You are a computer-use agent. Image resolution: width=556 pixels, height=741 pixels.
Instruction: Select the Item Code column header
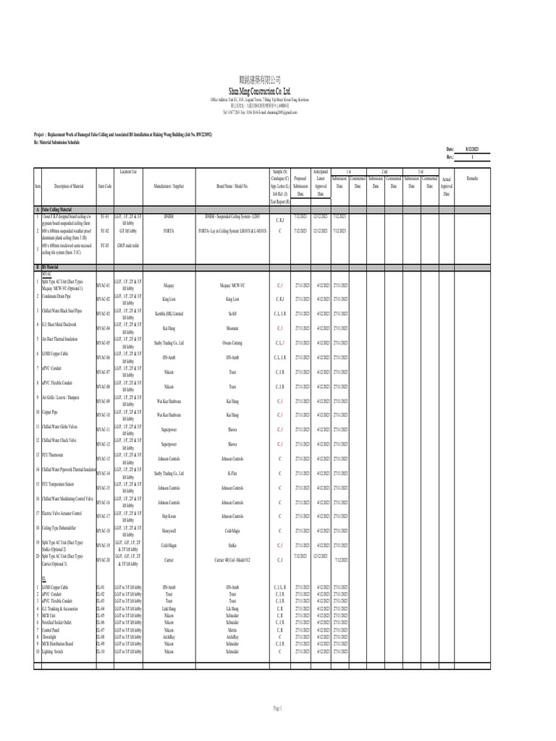[104, 186]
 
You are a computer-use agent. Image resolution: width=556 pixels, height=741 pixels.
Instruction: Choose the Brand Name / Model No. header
[232, 186]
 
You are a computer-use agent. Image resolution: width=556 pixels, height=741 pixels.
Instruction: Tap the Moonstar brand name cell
[232, 328]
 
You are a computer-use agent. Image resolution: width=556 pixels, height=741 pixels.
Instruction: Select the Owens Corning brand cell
[232, 342]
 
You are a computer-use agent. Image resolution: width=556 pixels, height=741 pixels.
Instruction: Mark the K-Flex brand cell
[232, 473]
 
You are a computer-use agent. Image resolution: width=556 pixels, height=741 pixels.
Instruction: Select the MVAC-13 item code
[104, 459]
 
